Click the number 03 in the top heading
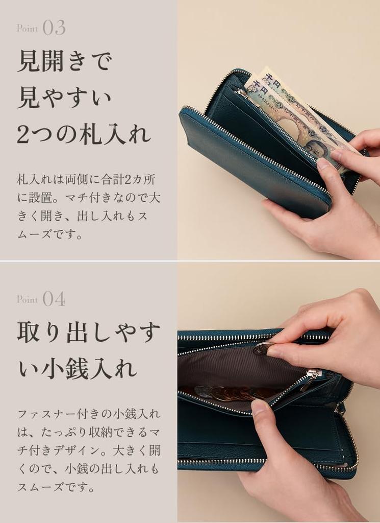[54, 28]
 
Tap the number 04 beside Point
[54, 299]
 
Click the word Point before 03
[27, 29]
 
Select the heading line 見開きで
[64, 62]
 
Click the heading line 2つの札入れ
[84, 134]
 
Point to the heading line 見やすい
[64, 98]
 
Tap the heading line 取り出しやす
[89, 332]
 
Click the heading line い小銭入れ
[78, 368]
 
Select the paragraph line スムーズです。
[57, 487]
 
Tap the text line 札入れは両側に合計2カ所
[86, 180]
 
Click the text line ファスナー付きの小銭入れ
[89, 414]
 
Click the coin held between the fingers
[262, 349]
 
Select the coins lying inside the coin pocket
[230, 393]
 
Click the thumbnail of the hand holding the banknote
[323, 164]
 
